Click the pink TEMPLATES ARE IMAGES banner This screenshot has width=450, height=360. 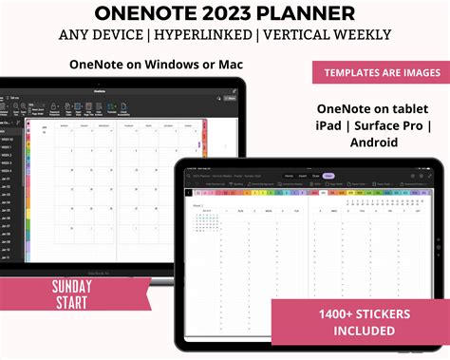tap(377, 72)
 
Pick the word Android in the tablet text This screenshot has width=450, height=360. tap(371, 142)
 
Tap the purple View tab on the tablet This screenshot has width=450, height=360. tap(328, 176)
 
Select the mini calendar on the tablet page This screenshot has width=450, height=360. tap(206, 220)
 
